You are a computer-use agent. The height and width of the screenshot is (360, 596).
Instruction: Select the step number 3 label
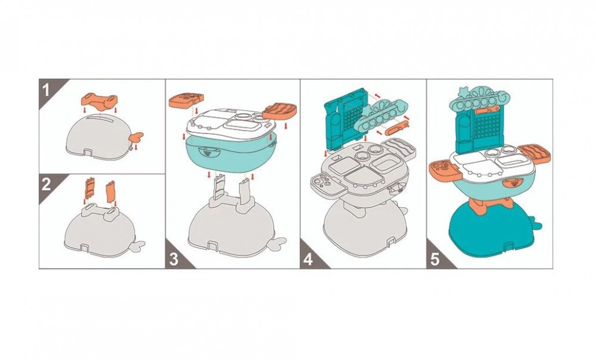173,259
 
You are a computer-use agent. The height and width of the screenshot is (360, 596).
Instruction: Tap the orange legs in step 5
484,204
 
